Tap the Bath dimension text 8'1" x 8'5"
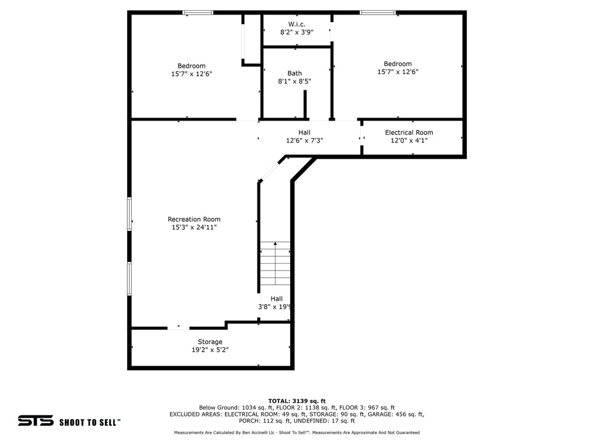point(295,82)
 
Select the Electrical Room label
point(409,133)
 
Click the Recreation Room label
point(194,219)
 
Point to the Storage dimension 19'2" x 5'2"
point(209,350)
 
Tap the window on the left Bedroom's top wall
point(198,12)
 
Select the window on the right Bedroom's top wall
point(378,12)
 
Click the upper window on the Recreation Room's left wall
point(129,214)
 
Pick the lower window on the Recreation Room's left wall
point(129,279)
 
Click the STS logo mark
point(35,421)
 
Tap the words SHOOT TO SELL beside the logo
point(89,422)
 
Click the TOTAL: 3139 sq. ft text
point(297,401)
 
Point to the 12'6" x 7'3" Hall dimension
point(305,141)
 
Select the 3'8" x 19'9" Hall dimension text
point(276,307)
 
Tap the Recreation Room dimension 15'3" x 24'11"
point(194,228)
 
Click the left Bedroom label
point(191,66)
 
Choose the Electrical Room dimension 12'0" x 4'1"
point(409,141)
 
